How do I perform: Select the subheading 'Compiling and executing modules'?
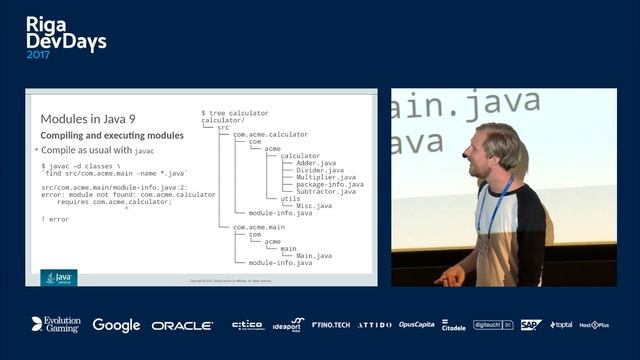coord(112,135)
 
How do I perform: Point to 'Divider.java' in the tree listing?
coord(319,170)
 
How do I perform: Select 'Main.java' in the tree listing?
coord(313,255)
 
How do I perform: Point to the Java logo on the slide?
coord(59,277)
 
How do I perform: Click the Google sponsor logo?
coord(116,325)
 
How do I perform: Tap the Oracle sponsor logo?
coord(182,325)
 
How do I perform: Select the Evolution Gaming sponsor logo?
coord(55,325)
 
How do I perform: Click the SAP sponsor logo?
coord(531,325)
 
